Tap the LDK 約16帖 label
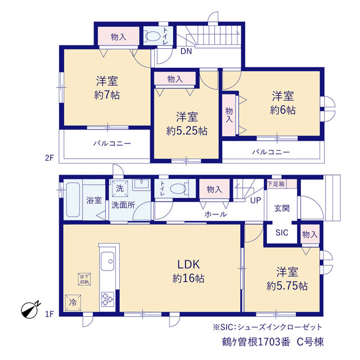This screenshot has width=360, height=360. pyautogui.click(x=188, y=271)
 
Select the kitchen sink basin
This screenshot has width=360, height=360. pyautogui.click(x=107, y=261)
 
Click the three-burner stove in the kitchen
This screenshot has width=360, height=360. pyautogui.click(x=107, y=299)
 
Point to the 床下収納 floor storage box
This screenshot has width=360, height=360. pyautogui.click(x=84, y=279)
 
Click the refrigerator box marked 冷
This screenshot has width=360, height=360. pyautogui.click(x=73, y=303)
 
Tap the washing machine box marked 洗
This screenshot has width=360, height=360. pyautogui.click(x=120, y=188)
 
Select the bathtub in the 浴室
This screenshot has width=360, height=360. pyautogui.click(x=73, y=200)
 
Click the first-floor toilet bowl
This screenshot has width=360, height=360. pyautogui.click(x=178, y=189)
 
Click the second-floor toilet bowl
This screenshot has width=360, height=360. pyautogui.click(x=152, y=36)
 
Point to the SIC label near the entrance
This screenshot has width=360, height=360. pyautogui.click(x=282, y=232)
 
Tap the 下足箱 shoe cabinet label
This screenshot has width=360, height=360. pyautogui.click(x=276, y=184)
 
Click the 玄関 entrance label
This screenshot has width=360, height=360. pyautogui.click(x=282, y=209)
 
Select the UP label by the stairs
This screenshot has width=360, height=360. pyautogui.click(x=255, y=200)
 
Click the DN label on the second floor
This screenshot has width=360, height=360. pyautogui.click(x=186, y=51)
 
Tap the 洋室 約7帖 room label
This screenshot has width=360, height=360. pyautogui.click(x=107, y=88)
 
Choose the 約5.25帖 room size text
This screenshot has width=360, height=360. pyautogui.click(x=187, y=131)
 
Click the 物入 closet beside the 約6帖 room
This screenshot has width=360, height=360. pyautogui.click(x=229, y=115)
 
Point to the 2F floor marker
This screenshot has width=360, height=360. pyautogui.click(x=49, y=158)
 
